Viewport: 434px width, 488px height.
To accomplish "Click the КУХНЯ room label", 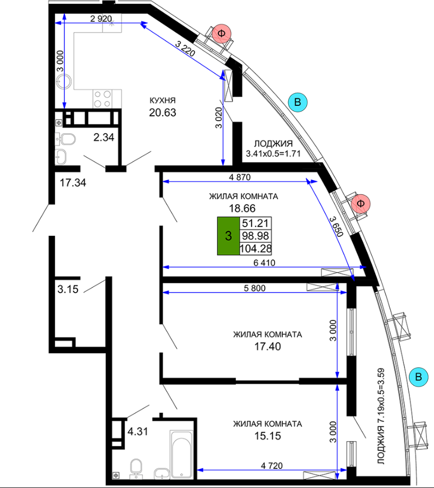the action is (x=163, y=100).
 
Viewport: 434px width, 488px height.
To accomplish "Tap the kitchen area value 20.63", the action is (x=163, y=112).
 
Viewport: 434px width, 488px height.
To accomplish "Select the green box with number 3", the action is (x=229, y=236).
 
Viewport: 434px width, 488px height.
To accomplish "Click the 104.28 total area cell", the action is (x=255, y=249).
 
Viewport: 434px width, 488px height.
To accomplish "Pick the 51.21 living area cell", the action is (x=255, y=223).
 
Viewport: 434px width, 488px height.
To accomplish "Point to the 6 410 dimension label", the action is (x=264, y=263).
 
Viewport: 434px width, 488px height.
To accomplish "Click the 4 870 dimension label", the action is (x=240, y=177).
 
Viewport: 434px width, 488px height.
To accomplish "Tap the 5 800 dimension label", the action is (x=255, y=288).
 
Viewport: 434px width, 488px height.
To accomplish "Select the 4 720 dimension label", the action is (x=272, y=466).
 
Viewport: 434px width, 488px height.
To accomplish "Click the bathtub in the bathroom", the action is (x=181, y=454).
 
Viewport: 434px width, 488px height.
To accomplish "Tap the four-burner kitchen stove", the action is (x=102, y=99).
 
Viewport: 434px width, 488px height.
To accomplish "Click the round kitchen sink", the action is (x=63, y=81).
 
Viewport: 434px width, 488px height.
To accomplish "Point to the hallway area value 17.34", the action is (x=73, y=183).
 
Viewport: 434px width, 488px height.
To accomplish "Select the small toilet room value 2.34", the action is (x=104, y=137).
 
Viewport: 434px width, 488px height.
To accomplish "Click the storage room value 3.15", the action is (x=68, y=289).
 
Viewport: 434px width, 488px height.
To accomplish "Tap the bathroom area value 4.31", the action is (x=138, y=432).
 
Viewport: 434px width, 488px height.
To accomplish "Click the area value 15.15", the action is (x=267, y=436).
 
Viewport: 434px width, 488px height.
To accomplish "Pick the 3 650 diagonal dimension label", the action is (x=336, y=227).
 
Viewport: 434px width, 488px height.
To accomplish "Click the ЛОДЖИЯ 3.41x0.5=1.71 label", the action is (x=274, y=148).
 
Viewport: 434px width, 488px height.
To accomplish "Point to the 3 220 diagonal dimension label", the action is (x=185, y=49).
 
